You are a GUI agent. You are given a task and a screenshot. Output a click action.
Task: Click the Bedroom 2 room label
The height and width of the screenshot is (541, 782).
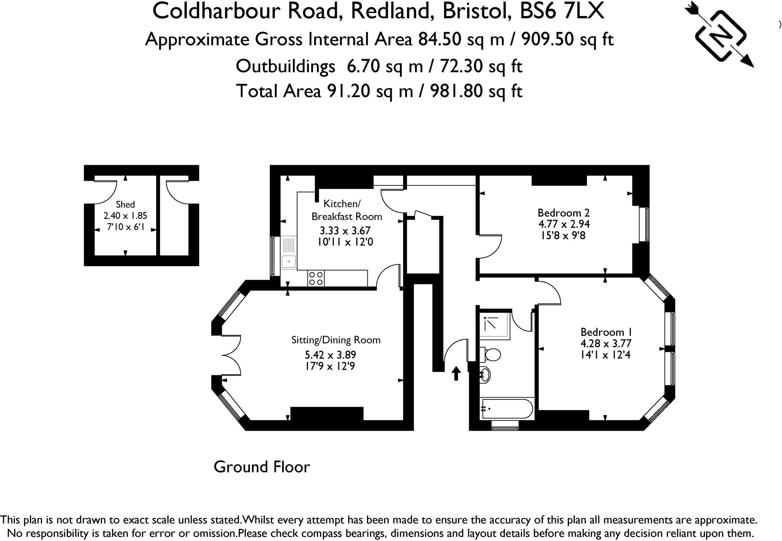point(563,213)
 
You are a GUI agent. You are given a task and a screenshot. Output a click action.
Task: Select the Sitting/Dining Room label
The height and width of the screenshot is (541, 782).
point(336,340)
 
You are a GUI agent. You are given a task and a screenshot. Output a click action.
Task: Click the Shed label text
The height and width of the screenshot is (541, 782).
point(125,204)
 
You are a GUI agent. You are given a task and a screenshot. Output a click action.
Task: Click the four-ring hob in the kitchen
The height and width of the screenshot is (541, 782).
point(316,278)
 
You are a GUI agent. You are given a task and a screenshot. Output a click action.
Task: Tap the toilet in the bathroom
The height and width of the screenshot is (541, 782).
point(491,355)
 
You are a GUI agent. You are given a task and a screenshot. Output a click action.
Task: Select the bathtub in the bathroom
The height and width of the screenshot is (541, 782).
point(507,409)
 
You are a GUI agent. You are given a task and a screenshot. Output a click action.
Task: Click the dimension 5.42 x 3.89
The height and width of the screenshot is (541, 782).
point(330,355)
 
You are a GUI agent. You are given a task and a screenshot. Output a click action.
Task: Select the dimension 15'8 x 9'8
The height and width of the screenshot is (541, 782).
point(563,236)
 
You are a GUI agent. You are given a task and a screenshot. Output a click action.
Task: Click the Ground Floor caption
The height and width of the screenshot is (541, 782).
point(262,467)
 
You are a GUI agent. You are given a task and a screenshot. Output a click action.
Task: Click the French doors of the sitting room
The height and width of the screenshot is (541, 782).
point(231,355)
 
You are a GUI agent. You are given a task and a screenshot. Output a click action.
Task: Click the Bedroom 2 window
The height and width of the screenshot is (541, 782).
point(645,224)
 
